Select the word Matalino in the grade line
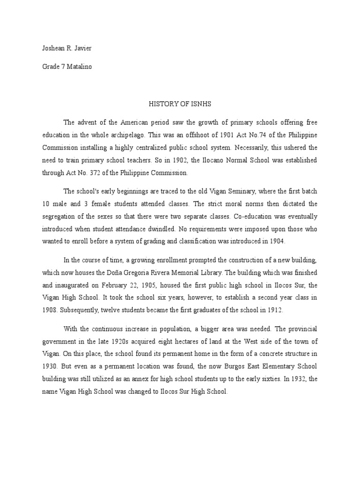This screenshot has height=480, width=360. tap(79, 67)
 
